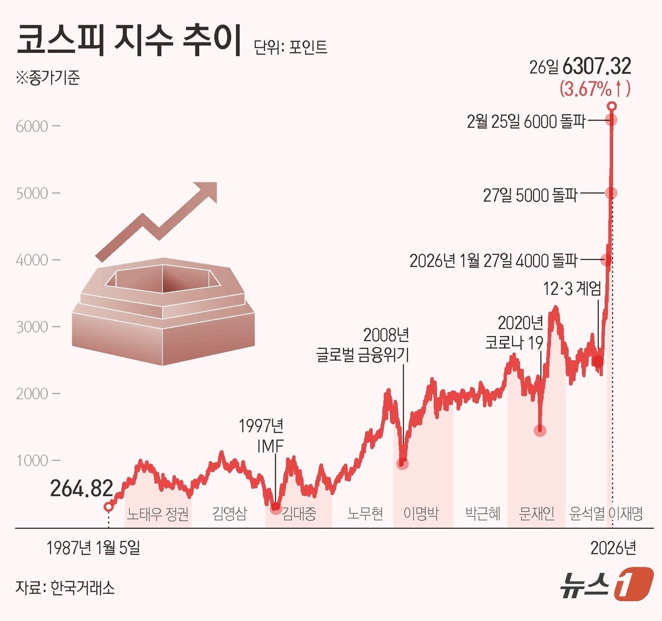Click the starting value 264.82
(x=81, y=489)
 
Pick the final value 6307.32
(x=597, y=67)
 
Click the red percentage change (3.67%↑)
(x=595, y=89)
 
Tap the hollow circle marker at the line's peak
(x=612, y=106)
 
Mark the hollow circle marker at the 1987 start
(x=108, y=507)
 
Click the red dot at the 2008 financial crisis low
(x=402, y=464)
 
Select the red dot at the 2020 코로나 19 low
(x=540, y=430)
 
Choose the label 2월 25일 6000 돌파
(x=526, y=122)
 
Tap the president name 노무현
(x=365, y=513)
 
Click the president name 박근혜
(x=483, y=513)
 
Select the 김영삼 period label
(x=229, y=513)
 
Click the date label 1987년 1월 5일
(x=93, y=548)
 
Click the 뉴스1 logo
(x=607, y=585)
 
